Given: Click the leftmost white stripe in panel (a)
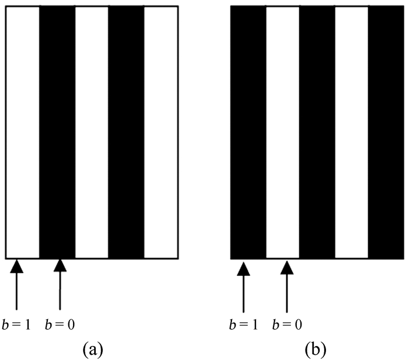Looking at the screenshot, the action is tap(22, 131).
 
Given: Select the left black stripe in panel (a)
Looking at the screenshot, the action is tap(57, 131).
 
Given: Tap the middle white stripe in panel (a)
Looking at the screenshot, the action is tap(92, 131).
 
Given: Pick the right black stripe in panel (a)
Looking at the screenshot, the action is tap(126, 131).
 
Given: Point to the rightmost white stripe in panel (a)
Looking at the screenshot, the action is tap(161, 131).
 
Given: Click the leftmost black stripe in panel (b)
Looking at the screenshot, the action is tap(248, 131).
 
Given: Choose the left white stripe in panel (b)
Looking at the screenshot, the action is tap(283, 131).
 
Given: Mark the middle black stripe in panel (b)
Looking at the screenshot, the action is tap(317, 131).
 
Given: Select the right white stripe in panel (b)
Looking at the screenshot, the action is tap(351, 131).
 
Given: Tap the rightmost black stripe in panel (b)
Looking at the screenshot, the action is tap(386, 131).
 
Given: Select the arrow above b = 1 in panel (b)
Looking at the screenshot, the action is tap(244, 286).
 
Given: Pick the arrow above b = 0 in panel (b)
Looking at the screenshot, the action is tap(286, 286).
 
